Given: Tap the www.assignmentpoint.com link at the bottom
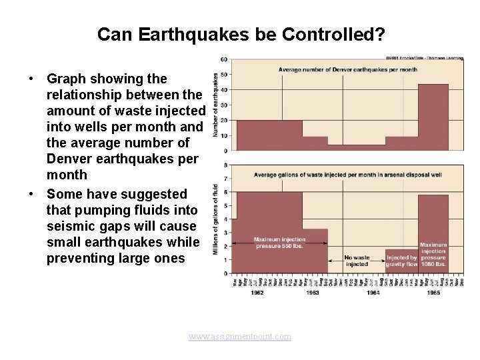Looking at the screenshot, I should [x=240, y=337].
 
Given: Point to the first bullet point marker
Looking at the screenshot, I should [x=31, y=79].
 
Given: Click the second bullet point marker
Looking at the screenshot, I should [x=31, y=194].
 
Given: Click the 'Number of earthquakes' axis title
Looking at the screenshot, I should [x=216, y=105].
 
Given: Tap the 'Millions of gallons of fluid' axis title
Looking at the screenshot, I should [x=216, y=219].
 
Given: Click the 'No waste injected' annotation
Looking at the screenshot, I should [x=357, y=261].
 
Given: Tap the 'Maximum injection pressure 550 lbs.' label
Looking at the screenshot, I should [x=280, y=243].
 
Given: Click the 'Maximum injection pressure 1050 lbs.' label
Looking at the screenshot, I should [x=433, y=255].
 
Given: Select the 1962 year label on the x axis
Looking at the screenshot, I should [x=257, y=293].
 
